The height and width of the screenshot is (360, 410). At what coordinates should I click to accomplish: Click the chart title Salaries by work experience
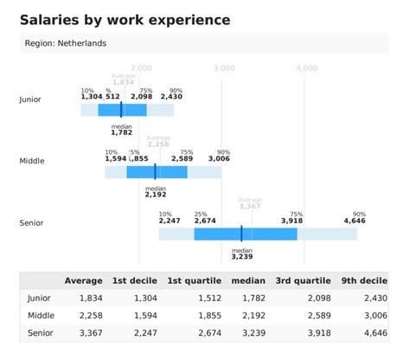tap(125, 19)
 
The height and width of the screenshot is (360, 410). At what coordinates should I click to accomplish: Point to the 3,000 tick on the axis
tap(223, 67)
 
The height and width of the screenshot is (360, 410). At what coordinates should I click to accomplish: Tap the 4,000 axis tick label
tap(305, 67)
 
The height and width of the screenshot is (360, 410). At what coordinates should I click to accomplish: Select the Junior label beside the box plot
tap(30, 100)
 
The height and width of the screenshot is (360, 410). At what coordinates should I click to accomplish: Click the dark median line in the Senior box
tap(241, 234)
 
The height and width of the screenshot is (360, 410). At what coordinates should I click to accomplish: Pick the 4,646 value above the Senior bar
tap(355, 222)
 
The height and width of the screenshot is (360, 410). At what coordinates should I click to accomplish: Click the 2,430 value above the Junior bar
tap(171, 97)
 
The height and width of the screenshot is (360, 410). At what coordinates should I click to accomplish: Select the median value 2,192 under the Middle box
tap(156, 195)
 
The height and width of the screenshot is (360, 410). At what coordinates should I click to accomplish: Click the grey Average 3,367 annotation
tap(249, 205)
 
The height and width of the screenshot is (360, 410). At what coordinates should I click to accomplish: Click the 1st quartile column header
tap(194, 280)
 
